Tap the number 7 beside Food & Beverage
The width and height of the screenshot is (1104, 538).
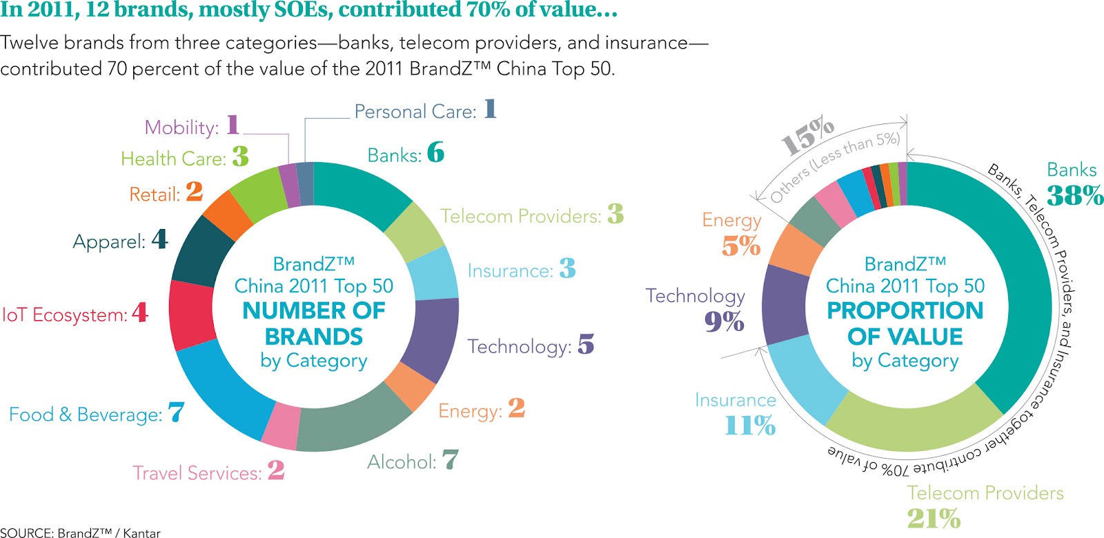(176, 412)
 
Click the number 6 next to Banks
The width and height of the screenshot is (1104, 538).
(435, 152)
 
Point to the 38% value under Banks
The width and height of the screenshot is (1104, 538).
(1074, 196)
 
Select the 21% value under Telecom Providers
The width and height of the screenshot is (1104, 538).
(934, 518)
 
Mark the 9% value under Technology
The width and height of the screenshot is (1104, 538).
(724, 321)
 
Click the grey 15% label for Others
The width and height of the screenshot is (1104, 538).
(807, 136)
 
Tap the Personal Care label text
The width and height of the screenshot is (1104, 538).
(415, 112)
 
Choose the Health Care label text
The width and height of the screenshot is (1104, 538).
(173, 159)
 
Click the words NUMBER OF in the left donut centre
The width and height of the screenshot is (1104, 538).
(314, 310)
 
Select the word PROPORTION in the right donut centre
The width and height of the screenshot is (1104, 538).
(905, 310)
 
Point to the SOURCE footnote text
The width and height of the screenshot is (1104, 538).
(80, 532)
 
